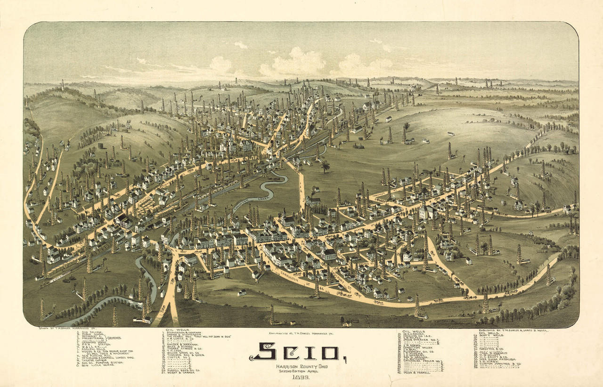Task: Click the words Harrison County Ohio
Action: [295, 366]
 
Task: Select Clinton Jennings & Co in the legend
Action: [500, 363]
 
